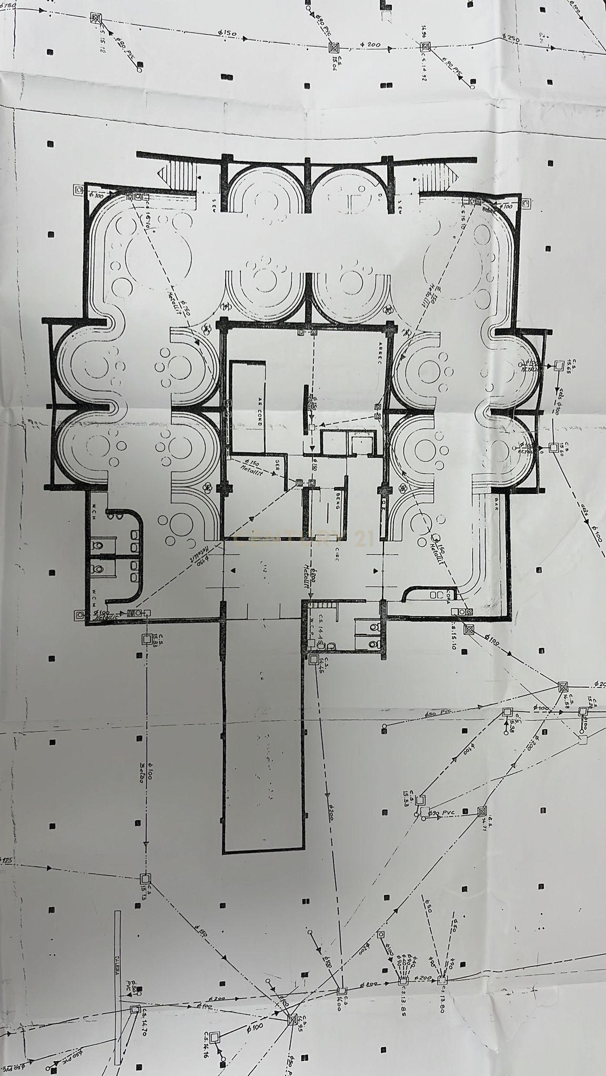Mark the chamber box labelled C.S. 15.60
coord(553,447)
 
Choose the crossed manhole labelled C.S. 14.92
coord(425,47)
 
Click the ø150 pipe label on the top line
coord(227,33)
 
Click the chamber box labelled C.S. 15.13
coord(146,878)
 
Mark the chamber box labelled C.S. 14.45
coord(314,658)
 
